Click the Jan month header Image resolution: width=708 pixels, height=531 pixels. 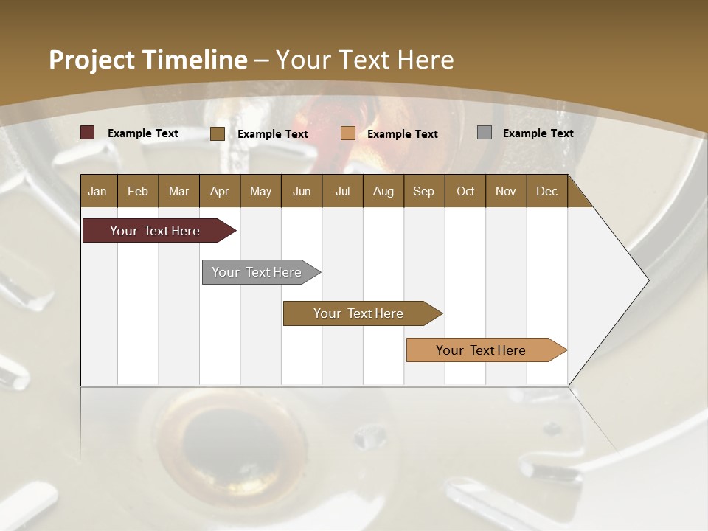pos(97,192)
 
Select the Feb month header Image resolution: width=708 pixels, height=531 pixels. pos(138,192)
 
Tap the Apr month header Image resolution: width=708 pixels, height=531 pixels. pos(219,192)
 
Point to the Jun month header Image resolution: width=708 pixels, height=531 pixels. pos(302,192)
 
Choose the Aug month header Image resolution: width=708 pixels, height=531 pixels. pos(383,192)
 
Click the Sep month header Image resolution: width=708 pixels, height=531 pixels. pos(423,192)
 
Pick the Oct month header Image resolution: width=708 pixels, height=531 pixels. pos(465,192)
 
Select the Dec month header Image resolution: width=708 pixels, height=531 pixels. pos(546,192)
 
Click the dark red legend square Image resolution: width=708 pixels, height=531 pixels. pos(88,133)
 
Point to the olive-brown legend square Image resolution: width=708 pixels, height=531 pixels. pos(218,133)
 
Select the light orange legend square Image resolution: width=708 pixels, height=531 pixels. pos(348,133)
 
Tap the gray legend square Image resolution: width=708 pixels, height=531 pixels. pos(485,133)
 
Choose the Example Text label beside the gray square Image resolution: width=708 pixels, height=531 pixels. pos(538,133)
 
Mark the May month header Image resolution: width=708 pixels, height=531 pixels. pos(260,192)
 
